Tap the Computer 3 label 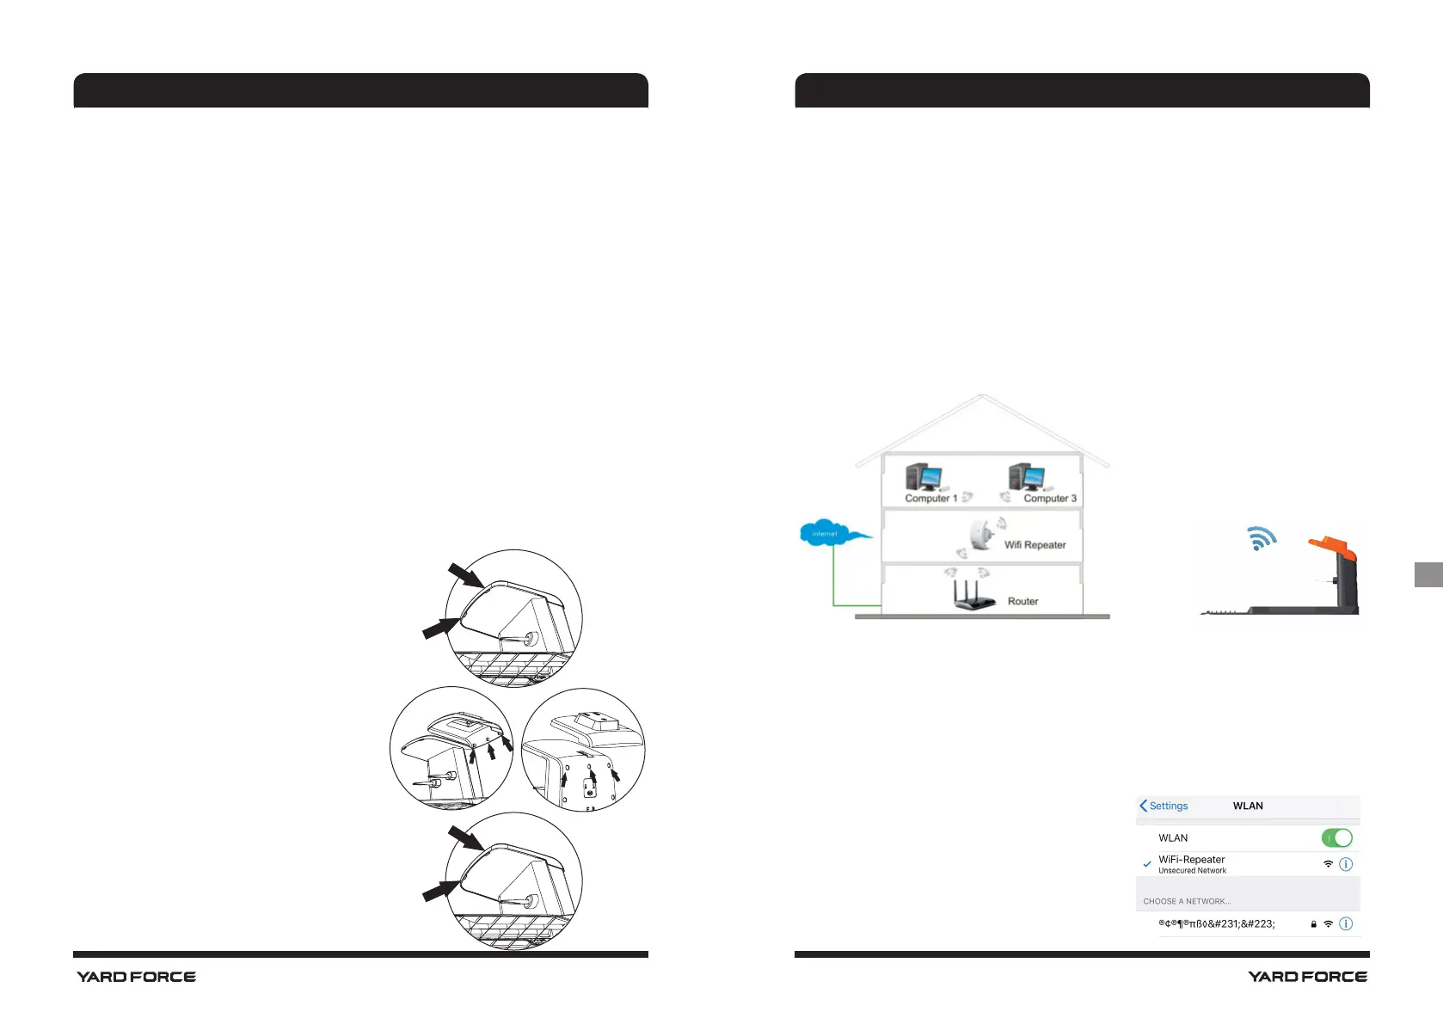tap(1049, 499)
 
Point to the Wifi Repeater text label tap(1035, 545)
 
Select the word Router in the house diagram tap(1022, 602)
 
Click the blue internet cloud tap(825, 533)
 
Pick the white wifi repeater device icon tap(979, 536)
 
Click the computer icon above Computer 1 tap(924, 476)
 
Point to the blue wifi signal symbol tap(1261, 538)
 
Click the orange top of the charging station tap(1332, 547)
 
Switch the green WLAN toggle tap(1336, 837)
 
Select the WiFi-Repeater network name tap(1191, 859)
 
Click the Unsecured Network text tap(1192, 871)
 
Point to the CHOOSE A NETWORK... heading tap(1187, 901)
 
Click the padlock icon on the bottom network tap(1313, 924)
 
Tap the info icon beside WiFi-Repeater tap(1346, 864)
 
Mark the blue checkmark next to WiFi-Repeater tap(1146, 864)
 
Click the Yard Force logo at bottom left tap(136, 977)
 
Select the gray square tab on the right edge tap(1428, 574)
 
